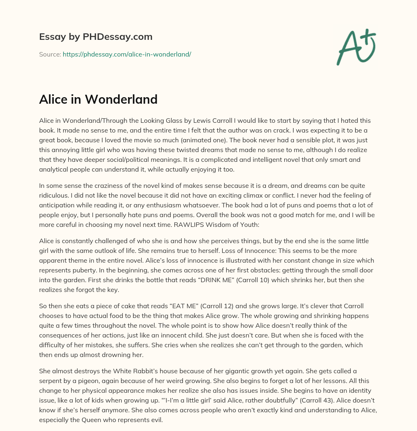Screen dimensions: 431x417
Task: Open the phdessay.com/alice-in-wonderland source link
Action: (x=127, y=54)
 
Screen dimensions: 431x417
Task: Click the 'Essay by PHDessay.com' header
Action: (x=96, y=37)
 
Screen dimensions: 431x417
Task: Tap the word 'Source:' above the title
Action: (x=50, y=54)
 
